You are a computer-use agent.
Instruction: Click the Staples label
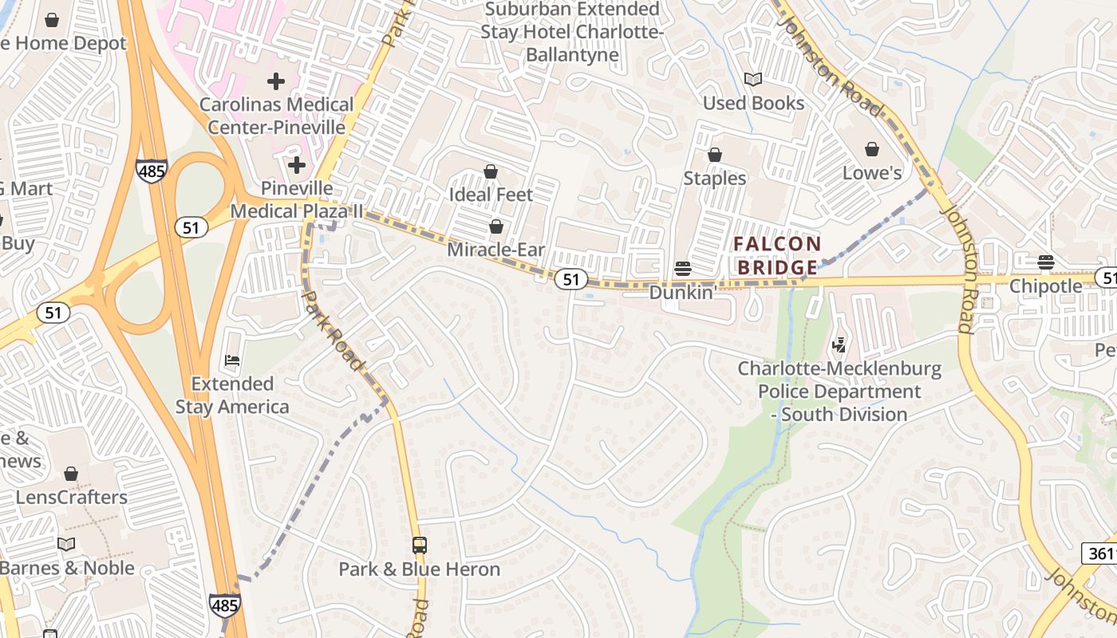click(x=714, y=178)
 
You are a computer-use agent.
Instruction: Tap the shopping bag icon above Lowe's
click(x=872, y=150)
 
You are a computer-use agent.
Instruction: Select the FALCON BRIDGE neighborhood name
click(x=777, y=255)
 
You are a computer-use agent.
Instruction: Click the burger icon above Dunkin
click(x=682, y=269)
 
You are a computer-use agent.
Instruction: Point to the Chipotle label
click(x=1045, y=286)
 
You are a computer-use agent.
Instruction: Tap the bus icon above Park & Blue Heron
click(x=420, y=545)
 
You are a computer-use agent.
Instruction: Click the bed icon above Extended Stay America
click(x=232, y=360)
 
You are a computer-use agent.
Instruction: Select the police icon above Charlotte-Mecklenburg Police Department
click(x=839, y=345)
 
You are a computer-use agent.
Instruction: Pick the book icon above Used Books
click(x=753, y=79)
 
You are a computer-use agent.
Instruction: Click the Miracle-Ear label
click(x=495, y=250)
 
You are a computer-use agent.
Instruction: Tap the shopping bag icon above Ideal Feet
click(x=491, y=171)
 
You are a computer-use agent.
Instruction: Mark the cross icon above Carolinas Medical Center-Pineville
click(x=276, y=81)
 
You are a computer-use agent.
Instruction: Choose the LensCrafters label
click(x=72, y=497)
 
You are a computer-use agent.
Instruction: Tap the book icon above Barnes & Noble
click(x=66, y=544)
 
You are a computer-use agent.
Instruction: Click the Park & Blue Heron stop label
click(x=420, y=569)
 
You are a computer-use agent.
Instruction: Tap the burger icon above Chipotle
click(x=1045, y=262)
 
